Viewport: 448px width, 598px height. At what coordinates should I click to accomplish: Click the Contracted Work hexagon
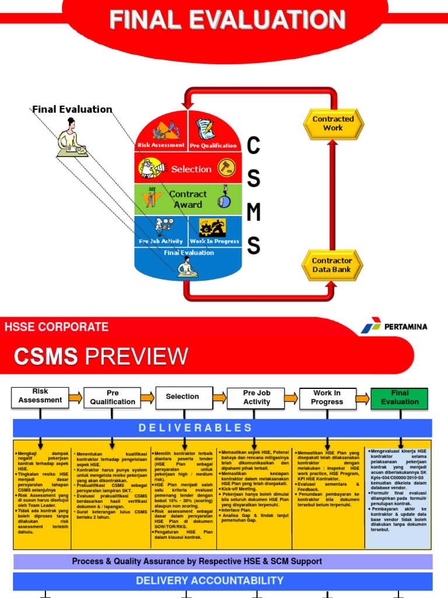[333, 123]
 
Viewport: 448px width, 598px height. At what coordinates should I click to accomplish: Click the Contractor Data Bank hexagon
[332, 265]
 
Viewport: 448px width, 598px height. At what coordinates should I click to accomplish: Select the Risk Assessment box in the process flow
[40, 397]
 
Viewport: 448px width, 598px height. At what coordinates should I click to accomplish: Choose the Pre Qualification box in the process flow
[113, 397]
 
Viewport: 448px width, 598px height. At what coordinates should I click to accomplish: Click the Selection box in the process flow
[183, 397]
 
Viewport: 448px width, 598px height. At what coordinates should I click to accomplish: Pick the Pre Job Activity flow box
[257, 397]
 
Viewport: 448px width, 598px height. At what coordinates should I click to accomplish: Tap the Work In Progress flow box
[327, 397]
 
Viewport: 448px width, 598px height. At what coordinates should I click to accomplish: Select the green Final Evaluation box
[400, 397]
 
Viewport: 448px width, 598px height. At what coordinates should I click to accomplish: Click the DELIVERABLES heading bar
[222, 428]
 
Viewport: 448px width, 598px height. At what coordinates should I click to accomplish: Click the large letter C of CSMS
[253, 147]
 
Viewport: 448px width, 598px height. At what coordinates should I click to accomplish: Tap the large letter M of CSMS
[253, 214]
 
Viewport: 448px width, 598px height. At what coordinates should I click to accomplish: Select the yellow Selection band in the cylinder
[187, 169]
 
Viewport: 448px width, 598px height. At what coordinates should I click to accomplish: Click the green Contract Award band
[187, 199]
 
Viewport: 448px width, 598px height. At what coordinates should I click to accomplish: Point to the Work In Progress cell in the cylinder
[214, 231]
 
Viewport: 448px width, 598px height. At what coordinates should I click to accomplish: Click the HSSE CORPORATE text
[57, 327]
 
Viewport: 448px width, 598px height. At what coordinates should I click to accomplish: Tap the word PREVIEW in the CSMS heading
[137, 356]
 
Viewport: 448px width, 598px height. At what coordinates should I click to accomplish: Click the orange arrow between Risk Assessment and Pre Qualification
[75, 398]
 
